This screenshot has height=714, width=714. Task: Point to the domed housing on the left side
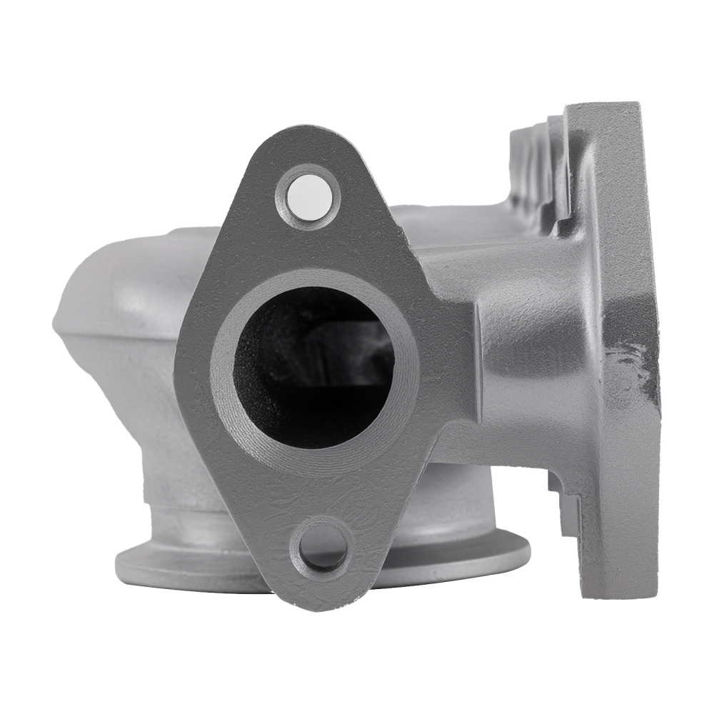tap(121, 300)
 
